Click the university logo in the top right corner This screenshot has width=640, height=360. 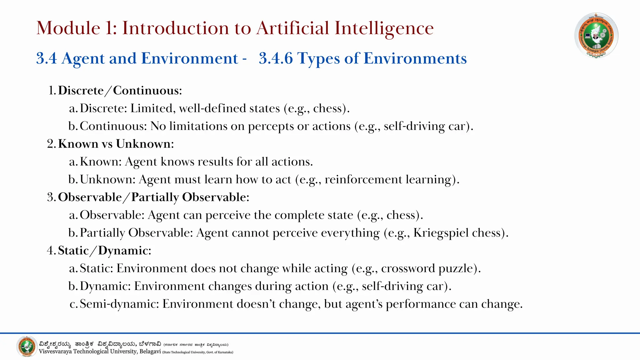(x=596, y=35)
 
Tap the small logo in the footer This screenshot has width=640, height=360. (x=27, y=347)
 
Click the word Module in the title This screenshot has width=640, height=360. (x=68, y=28)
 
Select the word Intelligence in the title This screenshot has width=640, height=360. (x=384, y=28)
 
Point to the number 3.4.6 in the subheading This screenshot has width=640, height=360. (x=276, y=58)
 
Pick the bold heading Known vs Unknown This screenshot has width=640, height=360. (x=116, y=144)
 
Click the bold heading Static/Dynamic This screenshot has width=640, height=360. (x=105, y=251)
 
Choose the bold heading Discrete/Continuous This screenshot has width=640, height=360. (x=120, y=90)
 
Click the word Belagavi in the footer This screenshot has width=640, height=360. (x=150, y=352)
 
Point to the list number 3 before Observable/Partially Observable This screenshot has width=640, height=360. (x=51, y=197)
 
